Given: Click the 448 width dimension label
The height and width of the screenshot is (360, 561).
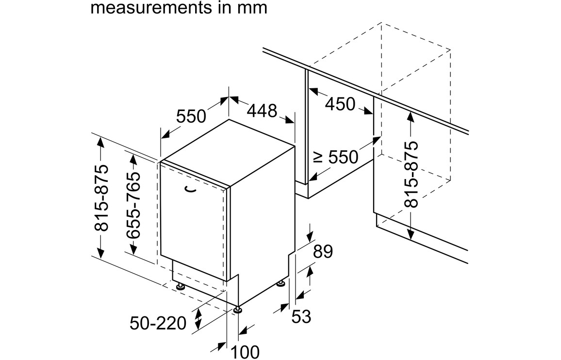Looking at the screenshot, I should (x=262, y=111).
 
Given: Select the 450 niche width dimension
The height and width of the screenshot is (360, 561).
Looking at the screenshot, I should (x=340, y=103).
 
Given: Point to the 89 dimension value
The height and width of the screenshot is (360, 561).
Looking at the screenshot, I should (x=323, y=252).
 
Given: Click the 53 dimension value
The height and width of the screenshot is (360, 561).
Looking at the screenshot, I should (x=301, y=316).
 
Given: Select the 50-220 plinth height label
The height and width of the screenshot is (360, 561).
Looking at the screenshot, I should (x=158, y=323).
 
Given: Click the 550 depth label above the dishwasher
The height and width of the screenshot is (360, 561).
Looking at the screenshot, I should (x=191, y=116).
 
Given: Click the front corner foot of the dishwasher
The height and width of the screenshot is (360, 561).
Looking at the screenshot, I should (x=238, y=309).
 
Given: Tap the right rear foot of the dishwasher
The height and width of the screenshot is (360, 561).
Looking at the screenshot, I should (x=281, y=283).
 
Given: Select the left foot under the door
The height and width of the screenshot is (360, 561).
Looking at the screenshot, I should (x=180, y=286).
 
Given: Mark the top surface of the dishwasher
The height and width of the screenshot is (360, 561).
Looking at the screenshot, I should (x=228, y=152).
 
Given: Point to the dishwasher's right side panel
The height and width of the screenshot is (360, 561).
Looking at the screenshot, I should (x=262, y=218).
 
